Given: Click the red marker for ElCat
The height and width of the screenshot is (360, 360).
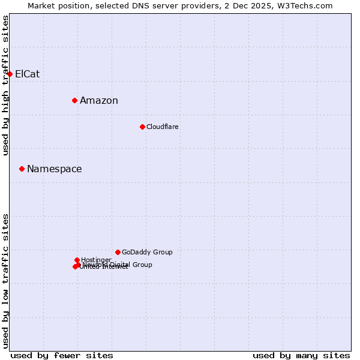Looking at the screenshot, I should [x=10, y=74].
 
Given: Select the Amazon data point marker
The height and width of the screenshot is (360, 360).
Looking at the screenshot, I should [x=74, y=100].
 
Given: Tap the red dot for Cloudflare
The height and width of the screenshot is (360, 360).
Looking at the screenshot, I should [x=142, y=127].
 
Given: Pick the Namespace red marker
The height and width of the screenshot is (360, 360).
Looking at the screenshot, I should [x=22, y=169].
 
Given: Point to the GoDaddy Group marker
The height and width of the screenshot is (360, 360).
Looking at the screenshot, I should [x=118, y=252].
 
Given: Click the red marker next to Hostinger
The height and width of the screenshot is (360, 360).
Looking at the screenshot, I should [x=77, y=260].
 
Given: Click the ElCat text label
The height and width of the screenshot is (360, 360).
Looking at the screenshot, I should [x=28, y=74].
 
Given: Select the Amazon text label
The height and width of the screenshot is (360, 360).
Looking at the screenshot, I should [x=99, y=101].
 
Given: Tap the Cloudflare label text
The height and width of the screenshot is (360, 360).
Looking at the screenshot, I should [x=163, y=127].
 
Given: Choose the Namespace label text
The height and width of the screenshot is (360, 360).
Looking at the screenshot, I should [x=55, y=169].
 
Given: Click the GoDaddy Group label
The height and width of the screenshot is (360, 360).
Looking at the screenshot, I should [x=147, y=253].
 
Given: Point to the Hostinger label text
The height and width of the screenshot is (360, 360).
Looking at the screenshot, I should [x=96, y=260].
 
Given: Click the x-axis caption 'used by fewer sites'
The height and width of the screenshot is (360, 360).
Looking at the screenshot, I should [x=62, y=355].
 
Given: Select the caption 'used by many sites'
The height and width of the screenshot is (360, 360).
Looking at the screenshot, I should [x=301, y=355].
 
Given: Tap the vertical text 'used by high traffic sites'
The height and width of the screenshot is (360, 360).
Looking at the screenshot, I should [x=6, y=85].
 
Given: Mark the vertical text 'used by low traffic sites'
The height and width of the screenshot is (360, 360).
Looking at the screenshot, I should [x=6, y=281].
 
